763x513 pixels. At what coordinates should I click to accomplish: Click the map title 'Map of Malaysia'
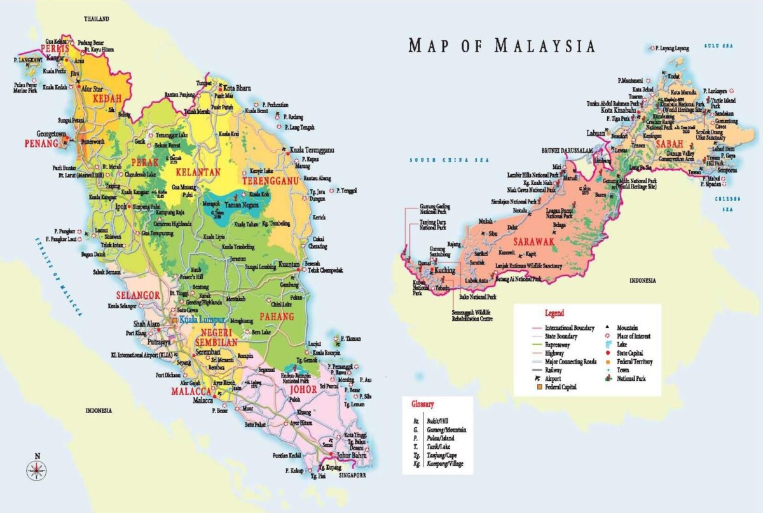click(502, 46)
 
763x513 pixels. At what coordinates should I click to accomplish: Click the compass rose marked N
click(37, 469)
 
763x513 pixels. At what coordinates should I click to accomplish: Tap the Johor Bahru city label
click(353, 455)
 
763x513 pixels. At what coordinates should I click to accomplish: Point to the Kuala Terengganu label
click(312, 150)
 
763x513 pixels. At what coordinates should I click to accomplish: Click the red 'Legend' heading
click(554, 313)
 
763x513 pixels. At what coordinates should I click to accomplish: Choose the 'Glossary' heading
click(422, 404)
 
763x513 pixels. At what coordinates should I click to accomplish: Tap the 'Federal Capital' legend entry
click(560, 386)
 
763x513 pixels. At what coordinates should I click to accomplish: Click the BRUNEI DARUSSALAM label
click(567, 150)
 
